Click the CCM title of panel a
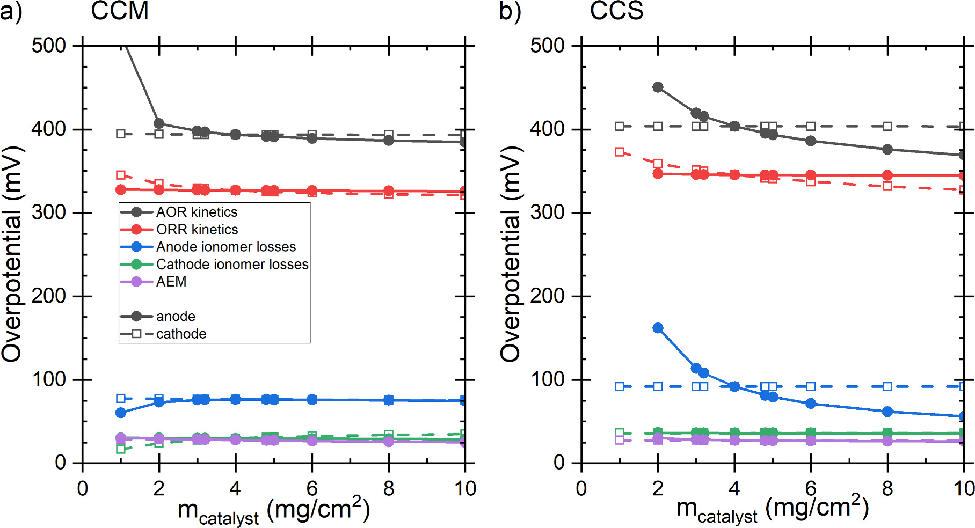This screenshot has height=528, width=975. click(119, 11)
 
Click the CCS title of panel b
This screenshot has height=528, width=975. click(616, 11)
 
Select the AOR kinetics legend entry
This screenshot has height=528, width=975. click(197, 212)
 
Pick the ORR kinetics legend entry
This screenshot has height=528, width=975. click(197, 230)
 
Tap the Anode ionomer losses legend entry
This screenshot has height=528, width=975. click(225, 247)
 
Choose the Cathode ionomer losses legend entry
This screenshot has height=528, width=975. click(232, 264)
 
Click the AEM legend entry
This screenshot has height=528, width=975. click(171, 282)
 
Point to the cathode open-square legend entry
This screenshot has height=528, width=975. click(181, 334)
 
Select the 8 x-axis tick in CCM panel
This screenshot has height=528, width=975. click(389, 488)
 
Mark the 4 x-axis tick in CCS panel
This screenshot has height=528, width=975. click(734, 488)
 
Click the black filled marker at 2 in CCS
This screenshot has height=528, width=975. click(658, 87)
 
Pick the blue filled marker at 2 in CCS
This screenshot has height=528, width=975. click(658, 328)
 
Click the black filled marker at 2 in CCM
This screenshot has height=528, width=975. click(159, 124)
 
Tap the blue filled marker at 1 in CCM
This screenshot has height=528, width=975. click(121, 413)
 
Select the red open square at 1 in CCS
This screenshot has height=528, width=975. click(620, 152)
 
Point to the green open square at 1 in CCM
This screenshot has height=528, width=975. click(121, 449)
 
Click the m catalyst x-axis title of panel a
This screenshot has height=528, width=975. click(273, 510)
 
